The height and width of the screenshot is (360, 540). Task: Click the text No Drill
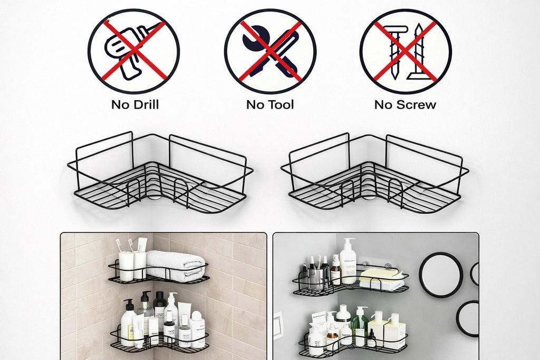tap(134, 104)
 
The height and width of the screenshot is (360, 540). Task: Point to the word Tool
tap(281, 104)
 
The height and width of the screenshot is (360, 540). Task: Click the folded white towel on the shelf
tap(175, 265)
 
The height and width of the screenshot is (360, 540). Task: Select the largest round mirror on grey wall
tap(441, 275)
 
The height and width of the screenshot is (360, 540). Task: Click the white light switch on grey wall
tap(277, 325)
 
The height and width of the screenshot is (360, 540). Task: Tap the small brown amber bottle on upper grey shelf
tap(335, 274)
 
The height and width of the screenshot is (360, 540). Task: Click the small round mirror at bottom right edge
tap(468, 318)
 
